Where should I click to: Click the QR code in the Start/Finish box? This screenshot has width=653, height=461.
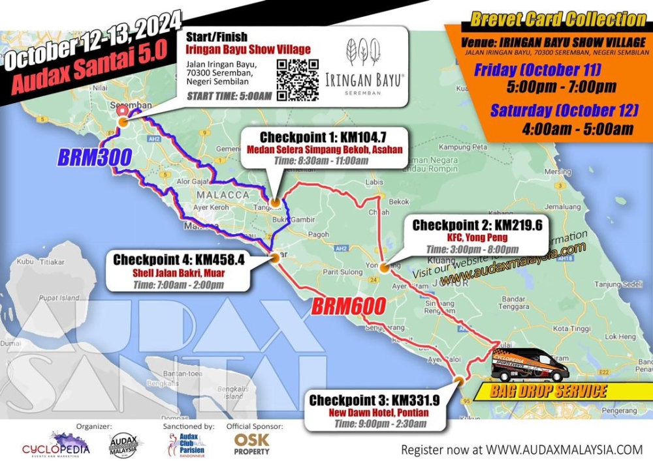click(297, 80)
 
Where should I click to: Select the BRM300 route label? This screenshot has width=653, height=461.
click(95, 157)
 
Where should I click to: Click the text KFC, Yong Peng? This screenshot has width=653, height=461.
click(477, 237)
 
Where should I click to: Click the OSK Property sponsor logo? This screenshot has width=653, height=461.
click(252, 444)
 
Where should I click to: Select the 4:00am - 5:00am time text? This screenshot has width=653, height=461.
click(577, 129)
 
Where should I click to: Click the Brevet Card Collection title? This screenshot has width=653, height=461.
click(558, 20)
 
